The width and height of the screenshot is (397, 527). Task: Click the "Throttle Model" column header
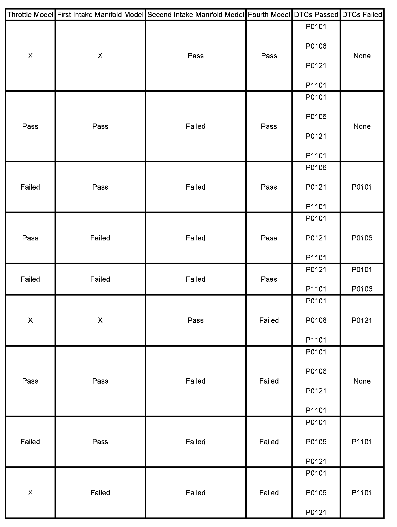(x=30, y=15)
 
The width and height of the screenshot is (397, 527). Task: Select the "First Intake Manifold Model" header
(x=100, y=15)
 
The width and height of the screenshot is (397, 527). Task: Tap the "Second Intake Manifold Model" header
(x=196, y=15)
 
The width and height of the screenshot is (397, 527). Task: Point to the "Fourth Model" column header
(x=269, y=15)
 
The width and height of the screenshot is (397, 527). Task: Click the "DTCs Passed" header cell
(x=316, y=15)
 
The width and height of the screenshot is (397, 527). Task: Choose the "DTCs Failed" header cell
(x=362, y=15)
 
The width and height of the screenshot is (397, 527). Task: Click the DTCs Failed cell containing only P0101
(x=362, y=187)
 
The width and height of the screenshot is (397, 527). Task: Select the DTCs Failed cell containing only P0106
(x=362, y=238)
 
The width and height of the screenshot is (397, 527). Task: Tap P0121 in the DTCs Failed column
(x=362, y=320)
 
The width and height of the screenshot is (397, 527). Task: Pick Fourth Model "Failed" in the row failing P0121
(x=269, y=320)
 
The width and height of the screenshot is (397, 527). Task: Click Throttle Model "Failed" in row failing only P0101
(x=30, y=187)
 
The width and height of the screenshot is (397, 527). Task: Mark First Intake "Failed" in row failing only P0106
(x=100, y=238)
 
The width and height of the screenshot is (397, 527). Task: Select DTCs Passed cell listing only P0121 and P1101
(x=316, y=279)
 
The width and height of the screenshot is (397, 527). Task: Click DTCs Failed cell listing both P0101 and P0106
(x=362, y=279)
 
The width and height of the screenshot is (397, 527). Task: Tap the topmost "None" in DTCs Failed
(x=362, y=56)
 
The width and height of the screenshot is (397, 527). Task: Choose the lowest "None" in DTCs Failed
(x=362, y=381)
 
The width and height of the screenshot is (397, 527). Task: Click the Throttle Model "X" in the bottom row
(x=30, y=493)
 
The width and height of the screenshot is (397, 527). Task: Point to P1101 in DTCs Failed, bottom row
(x=362, y=493)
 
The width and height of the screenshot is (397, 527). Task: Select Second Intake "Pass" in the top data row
(x=196, y=56)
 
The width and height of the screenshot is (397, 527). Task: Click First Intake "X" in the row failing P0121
(x=100, y=320)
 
